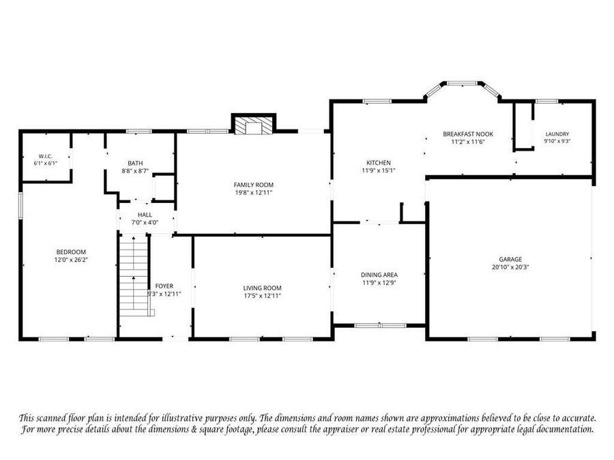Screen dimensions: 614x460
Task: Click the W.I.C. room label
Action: [46, 157]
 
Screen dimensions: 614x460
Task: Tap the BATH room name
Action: [135, 163]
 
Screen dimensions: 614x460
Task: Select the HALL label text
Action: [145, 215]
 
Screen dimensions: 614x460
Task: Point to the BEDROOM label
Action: [71, 252]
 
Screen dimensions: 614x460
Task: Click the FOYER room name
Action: [164, 286]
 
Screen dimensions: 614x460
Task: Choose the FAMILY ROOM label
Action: [254, 185]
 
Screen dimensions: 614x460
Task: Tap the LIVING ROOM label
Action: [263, 288]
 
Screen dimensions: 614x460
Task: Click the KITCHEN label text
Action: [379, 163]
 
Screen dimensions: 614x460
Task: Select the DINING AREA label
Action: [379, 275]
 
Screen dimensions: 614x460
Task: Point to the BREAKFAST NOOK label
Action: [468, 134]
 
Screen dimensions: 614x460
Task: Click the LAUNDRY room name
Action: [557, 134]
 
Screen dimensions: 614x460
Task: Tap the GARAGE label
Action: [510, 260]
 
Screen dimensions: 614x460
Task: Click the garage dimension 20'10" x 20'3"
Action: [510, 267]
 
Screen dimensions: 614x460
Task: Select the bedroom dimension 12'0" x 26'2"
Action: [71, 260]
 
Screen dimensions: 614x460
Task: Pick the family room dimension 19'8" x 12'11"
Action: [254, 192]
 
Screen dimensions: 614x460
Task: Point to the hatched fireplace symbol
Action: [254, 125]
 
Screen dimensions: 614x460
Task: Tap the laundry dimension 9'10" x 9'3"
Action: [557, 141]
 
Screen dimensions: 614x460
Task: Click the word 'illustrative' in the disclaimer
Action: [181, 418]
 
